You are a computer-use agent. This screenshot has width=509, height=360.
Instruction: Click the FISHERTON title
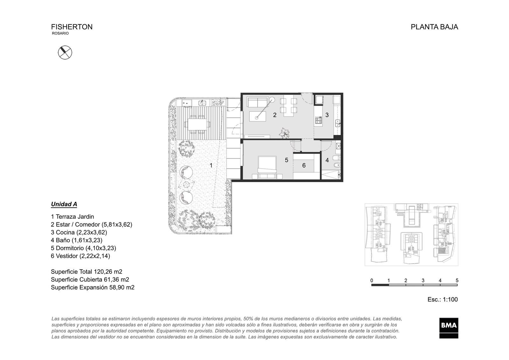[x=72, y=27]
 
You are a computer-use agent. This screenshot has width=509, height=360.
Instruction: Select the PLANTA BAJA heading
[x=434, y=27]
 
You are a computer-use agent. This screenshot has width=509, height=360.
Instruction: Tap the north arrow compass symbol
[x=65, y=53]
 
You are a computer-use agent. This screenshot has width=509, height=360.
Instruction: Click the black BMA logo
[x=449, y=328]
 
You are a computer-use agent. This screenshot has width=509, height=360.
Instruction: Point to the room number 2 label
[x=275, y=115]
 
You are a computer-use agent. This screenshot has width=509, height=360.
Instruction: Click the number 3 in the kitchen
[x=327, y=115]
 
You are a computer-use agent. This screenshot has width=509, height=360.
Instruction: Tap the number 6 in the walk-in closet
[x=304, y=166]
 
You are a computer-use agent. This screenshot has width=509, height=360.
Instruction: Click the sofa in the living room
[x=257, y=102]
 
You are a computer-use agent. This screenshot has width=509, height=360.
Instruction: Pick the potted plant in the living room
[x=284, y=133]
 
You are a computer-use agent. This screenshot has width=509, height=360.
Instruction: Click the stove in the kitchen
[x=318, y=120]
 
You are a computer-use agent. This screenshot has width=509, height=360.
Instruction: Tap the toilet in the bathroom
[x=337, y=165]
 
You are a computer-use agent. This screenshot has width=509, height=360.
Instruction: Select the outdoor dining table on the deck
[x=197, y=124]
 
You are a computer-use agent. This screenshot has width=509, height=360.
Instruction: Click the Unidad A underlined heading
[x=64, y=204]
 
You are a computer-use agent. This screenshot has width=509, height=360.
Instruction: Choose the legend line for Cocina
[x=79, y=232]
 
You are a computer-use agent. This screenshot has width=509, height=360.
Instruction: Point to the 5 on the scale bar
[x=457, y=280]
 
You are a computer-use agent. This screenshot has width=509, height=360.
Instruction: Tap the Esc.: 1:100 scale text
[x=443, y=300]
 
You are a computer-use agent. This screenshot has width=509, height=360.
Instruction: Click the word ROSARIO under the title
[x=60, y=33]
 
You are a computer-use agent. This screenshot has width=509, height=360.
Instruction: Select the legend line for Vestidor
[x=80, y=256]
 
